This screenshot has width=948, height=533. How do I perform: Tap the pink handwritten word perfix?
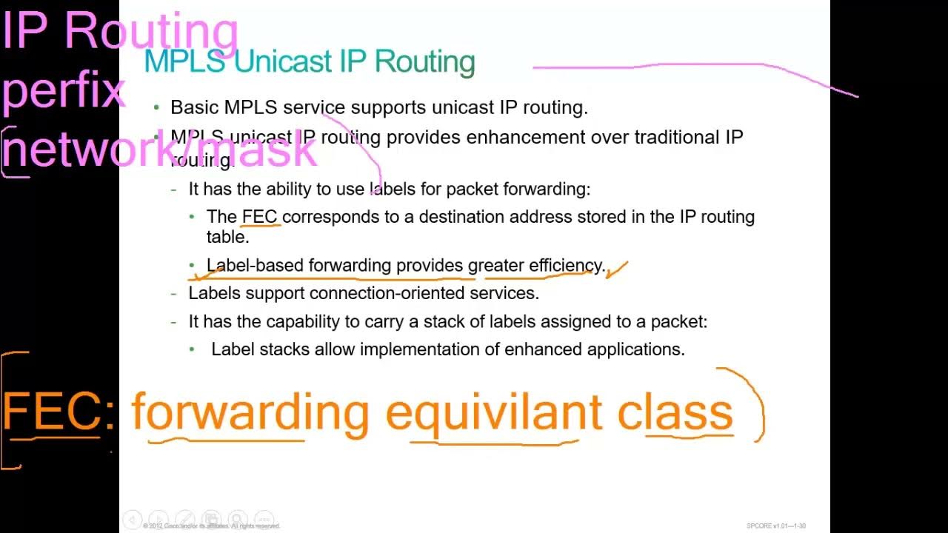[64, 90]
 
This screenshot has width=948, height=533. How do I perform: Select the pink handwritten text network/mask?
[159, 150]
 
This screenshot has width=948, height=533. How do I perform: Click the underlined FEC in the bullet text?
[259, 217]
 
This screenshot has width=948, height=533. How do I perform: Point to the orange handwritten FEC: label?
[58, 412]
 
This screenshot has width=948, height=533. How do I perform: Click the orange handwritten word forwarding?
[250, 413]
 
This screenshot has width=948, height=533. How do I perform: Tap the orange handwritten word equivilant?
[493, 413]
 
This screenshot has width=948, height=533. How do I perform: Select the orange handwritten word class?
[675, 413]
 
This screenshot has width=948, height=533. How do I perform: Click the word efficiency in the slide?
[566, 265]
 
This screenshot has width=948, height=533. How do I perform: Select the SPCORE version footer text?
[775, 526]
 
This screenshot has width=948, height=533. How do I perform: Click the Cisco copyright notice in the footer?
[213, 526]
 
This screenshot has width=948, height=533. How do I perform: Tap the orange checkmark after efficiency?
[617, 269]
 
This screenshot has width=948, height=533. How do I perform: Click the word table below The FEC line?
[227, 237]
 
